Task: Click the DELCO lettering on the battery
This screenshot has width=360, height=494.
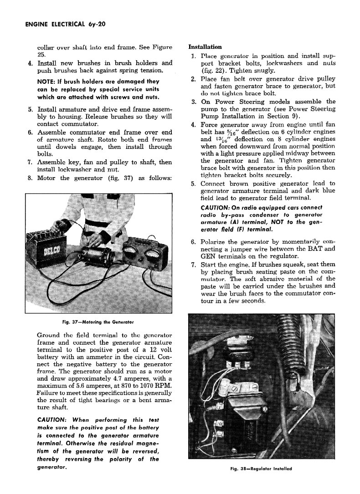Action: [x=48, y=252]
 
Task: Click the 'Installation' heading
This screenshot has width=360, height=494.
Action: [x=205, y=47]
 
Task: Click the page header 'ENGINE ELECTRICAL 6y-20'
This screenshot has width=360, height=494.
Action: [x=63, y=24]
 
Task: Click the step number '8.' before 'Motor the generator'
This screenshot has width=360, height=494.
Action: [x=30, y=178]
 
